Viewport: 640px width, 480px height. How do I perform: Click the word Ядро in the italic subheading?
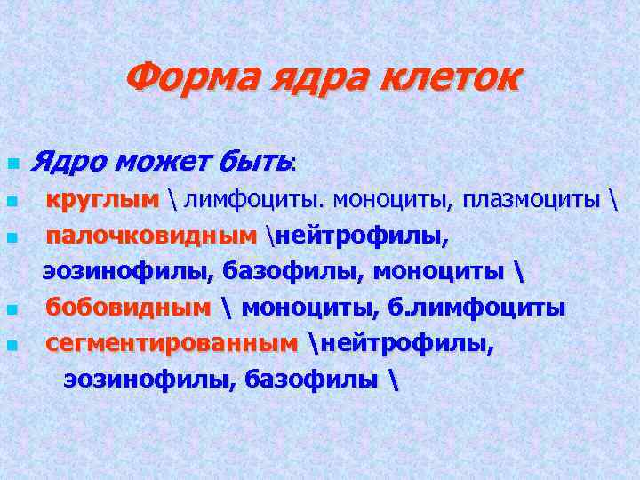tap(68, 162)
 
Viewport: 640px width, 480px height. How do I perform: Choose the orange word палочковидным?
tap(150, 236)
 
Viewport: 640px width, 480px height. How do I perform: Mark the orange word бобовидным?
tap(129, 308)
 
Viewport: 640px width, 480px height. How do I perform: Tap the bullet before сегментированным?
tap(11, 345)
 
